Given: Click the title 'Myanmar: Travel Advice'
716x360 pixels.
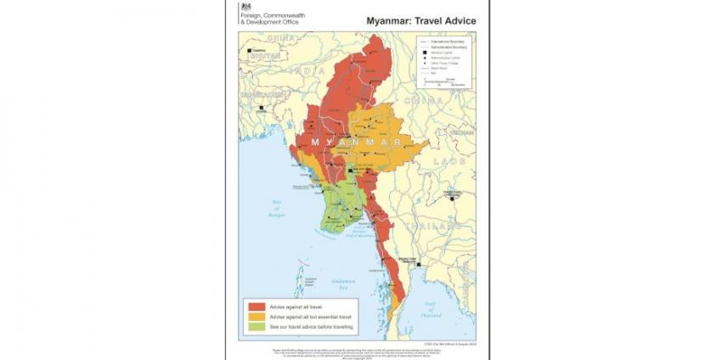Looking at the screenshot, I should (x=420, y=20).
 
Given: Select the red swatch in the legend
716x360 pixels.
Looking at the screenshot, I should (x=255, y=306).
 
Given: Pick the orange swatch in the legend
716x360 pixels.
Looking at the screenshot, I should (x=255, y=316).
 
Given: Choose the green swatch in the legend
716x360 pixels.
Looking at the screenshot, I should (x=255, y=327).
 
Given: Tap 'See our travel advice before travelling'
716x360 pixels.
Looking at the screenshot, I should (x=310, y=327).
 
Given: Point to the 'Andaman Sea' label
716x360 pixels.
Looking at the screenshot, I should (x=339, y=285).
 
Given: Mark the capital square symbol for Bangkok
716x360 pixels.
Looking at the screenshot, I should (x=420, y=264).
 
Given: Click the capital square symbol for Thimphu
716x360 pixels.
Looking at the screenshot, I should (x=249, y=51).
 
